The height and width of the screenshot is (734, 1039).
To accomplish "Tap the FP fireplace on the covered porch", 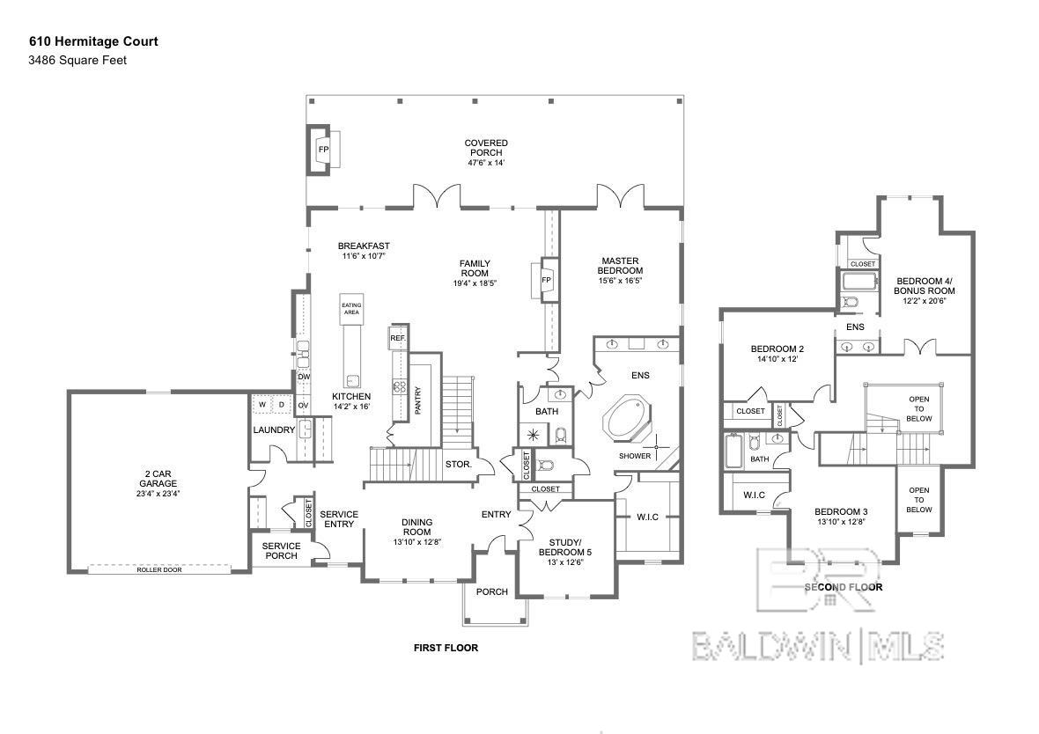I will pos(323,150).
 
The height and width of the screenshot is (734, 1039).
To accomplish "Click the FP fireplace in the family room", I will pos(546,280).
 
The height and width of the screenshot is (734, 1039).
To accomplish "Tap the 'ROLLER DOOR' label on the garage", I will pos(158,569).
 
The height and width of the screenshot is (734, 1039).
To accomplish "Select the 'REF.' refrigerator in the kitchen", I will pos(397,338).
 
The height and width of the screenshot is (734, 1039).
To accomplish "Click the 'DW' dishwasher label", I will pos(303,377).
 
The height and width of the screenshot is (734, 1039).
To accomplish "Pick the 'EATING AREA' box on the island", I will pos(351,309).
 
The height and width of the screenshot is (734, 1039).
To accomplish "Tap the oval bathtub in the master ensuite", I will pos(627,421).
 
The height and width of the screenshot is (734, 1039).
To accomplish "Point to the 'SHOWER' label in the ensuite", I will pos(634,456).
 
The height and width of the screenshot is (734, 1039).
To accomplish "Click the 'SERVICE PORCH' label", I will pos(281,551).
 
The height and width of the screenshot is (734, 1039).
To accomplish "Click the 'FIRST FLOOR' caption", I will pos(446,648).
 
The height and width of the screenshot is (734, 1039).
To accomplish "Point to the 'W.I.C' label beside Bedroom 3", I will pos(754,495).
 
